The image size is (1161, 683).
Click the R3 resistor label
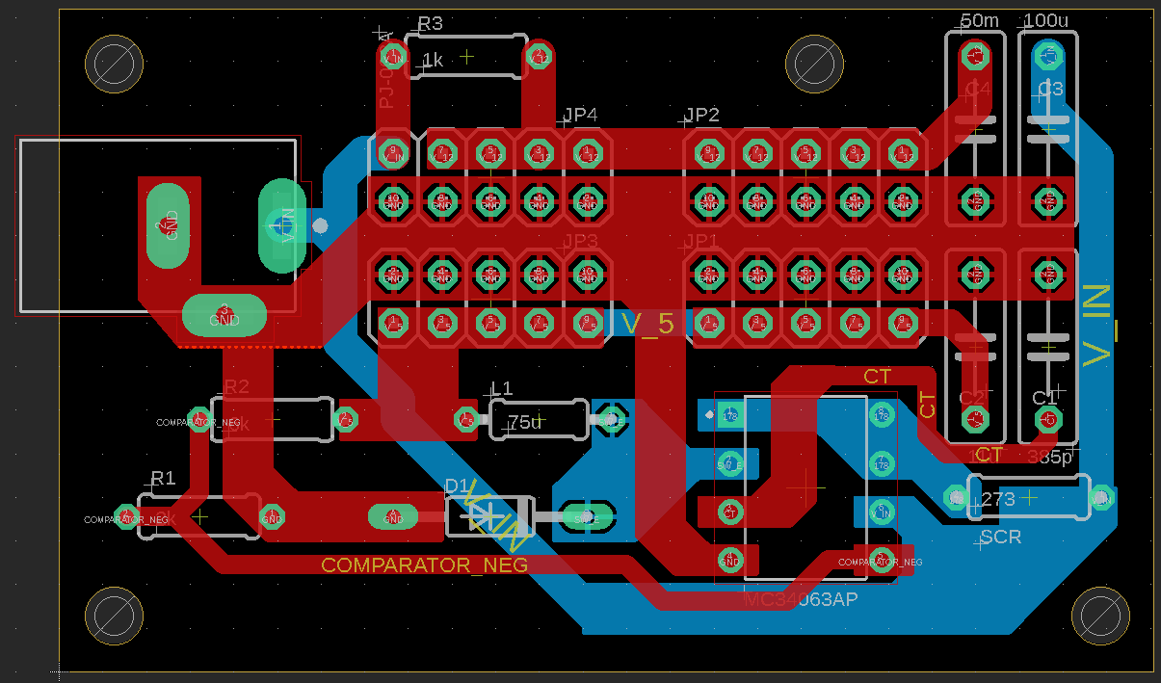(x=430, y=24)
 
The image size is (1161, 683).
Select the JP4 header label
(x=580, y=116)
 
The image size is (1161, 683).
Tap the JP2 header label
(x=701, y=116)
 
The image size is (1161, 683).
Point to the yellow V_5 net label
(x=647, y=324)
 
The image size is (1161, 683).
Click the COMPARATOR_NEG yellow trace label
(x=424, y=565)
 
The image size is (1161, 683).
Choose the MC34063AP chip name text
(x=802, y=600)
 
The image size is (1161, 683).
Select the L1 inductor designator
(x=501, y=389)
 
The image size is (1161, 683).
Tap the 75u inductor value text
(x=525, y=422)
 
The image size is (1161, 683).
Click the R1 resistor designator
(x=163, y=478)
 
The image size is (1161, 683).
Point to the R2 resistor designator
(x=236, y=386)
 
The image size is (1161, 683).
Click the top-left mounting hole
(x=115, y=65)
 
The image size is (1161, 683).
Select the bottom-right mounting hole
(x=1100, y=615)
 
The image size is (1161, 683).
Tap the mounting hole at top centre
(x=815, y=65)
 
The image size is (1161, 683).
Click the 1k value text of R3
(x=432, y=61)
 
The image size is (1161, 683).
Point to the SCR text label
(x=1000, y=537)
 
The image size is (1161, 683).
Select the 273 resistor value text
(x=998, y=499)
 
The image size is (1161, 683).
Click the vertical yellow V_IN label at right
(x=1098, y=326)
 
